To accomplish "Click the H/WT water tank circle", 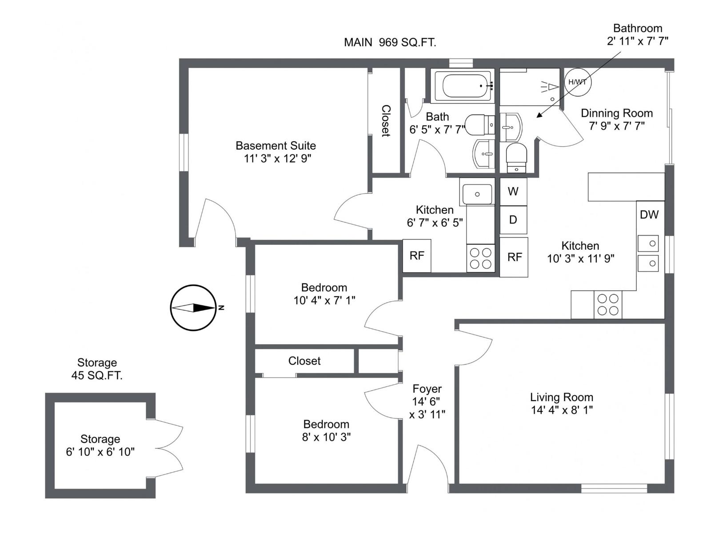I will click(577, 82).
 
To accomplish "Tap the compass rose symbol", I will click(193, 307).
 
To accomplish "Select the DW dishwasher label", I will click(649, 215).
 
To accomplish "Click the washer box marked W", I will click(513, 191).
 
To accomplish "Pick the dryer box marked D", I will click(513, 220).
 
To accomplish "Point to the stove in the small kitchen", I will click(480, 258).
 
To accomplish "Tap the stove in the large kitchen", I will click(607, 305).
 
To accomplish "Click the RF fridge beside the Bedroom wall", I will click(417, 256).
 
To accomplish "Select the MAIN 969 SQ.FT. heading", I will click(390, 43).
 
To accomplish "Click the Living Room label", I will click(561, 397).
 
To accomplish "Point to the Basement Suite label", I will click(276, 146).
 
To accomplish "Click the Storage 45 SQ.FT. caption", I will click(97, 369).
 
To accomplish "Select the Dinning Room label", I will click(616, 113).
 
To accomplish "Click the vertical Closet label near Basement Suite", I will click(386, 121).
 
